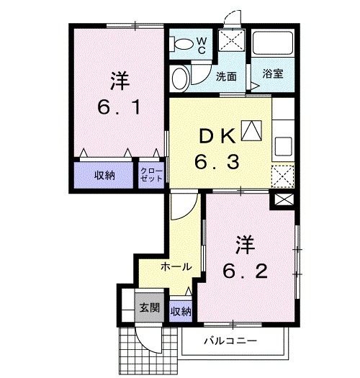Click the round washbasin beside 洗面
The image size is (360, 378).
click(181, 77)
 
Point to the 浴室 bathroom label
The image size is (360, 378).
click(271, 73)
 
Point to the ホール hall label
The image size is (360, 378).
click(176, 266)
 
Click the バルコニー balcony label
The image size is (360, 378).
click(230, 340)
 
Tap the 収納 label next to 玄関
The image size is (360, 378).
click(181, 311)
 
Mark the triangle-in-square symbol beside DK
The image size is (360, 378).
click(252, 130)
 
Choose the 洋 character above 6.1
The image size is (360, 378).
click(120, 81)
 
